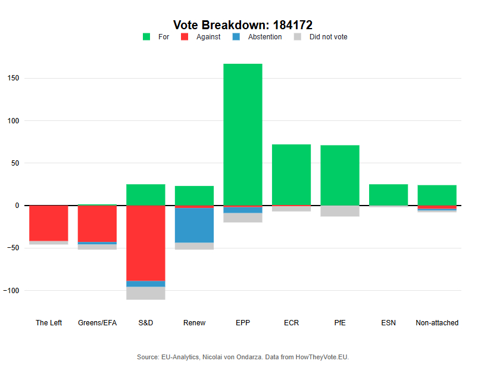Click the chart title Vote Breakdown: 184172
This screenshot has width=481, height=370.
click(242, 25)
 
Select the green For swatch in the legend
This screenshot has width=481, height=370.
click(146, 37)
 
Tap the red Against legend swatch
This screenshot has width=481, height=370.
click(185, 37)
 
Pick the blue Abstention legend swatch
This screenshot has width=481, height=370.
click(236, 37)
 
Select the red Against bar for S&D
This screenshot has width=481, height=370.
click(146, 243)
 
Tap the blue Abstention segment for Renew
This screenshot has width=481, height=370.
click(194, 225)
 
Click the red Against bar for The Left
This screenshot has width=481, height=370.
click(49, 223)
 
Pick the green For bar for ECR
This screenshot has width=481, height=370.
click(291, 174)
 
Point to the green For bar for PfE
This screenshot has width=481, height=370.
click(340, 175)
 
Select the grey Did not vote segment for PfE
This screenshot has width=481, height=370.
click(340, 211)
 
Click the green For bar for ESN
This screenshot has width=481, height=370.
click(388, 195)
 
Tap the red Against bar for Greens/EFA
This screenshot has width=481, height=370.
click(97, 224)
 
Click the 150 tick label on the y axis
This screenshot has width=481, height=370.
click(13, 78)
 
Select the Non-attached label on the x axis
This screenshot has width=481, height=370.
click(437, 323)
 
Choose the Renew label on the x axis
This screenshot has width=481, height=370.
click(194, 323)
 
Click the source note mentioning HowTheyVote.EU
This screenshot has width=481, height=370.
click(242, 357)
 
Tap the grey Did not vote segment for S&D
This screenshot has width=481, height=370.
click(146, 293)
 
